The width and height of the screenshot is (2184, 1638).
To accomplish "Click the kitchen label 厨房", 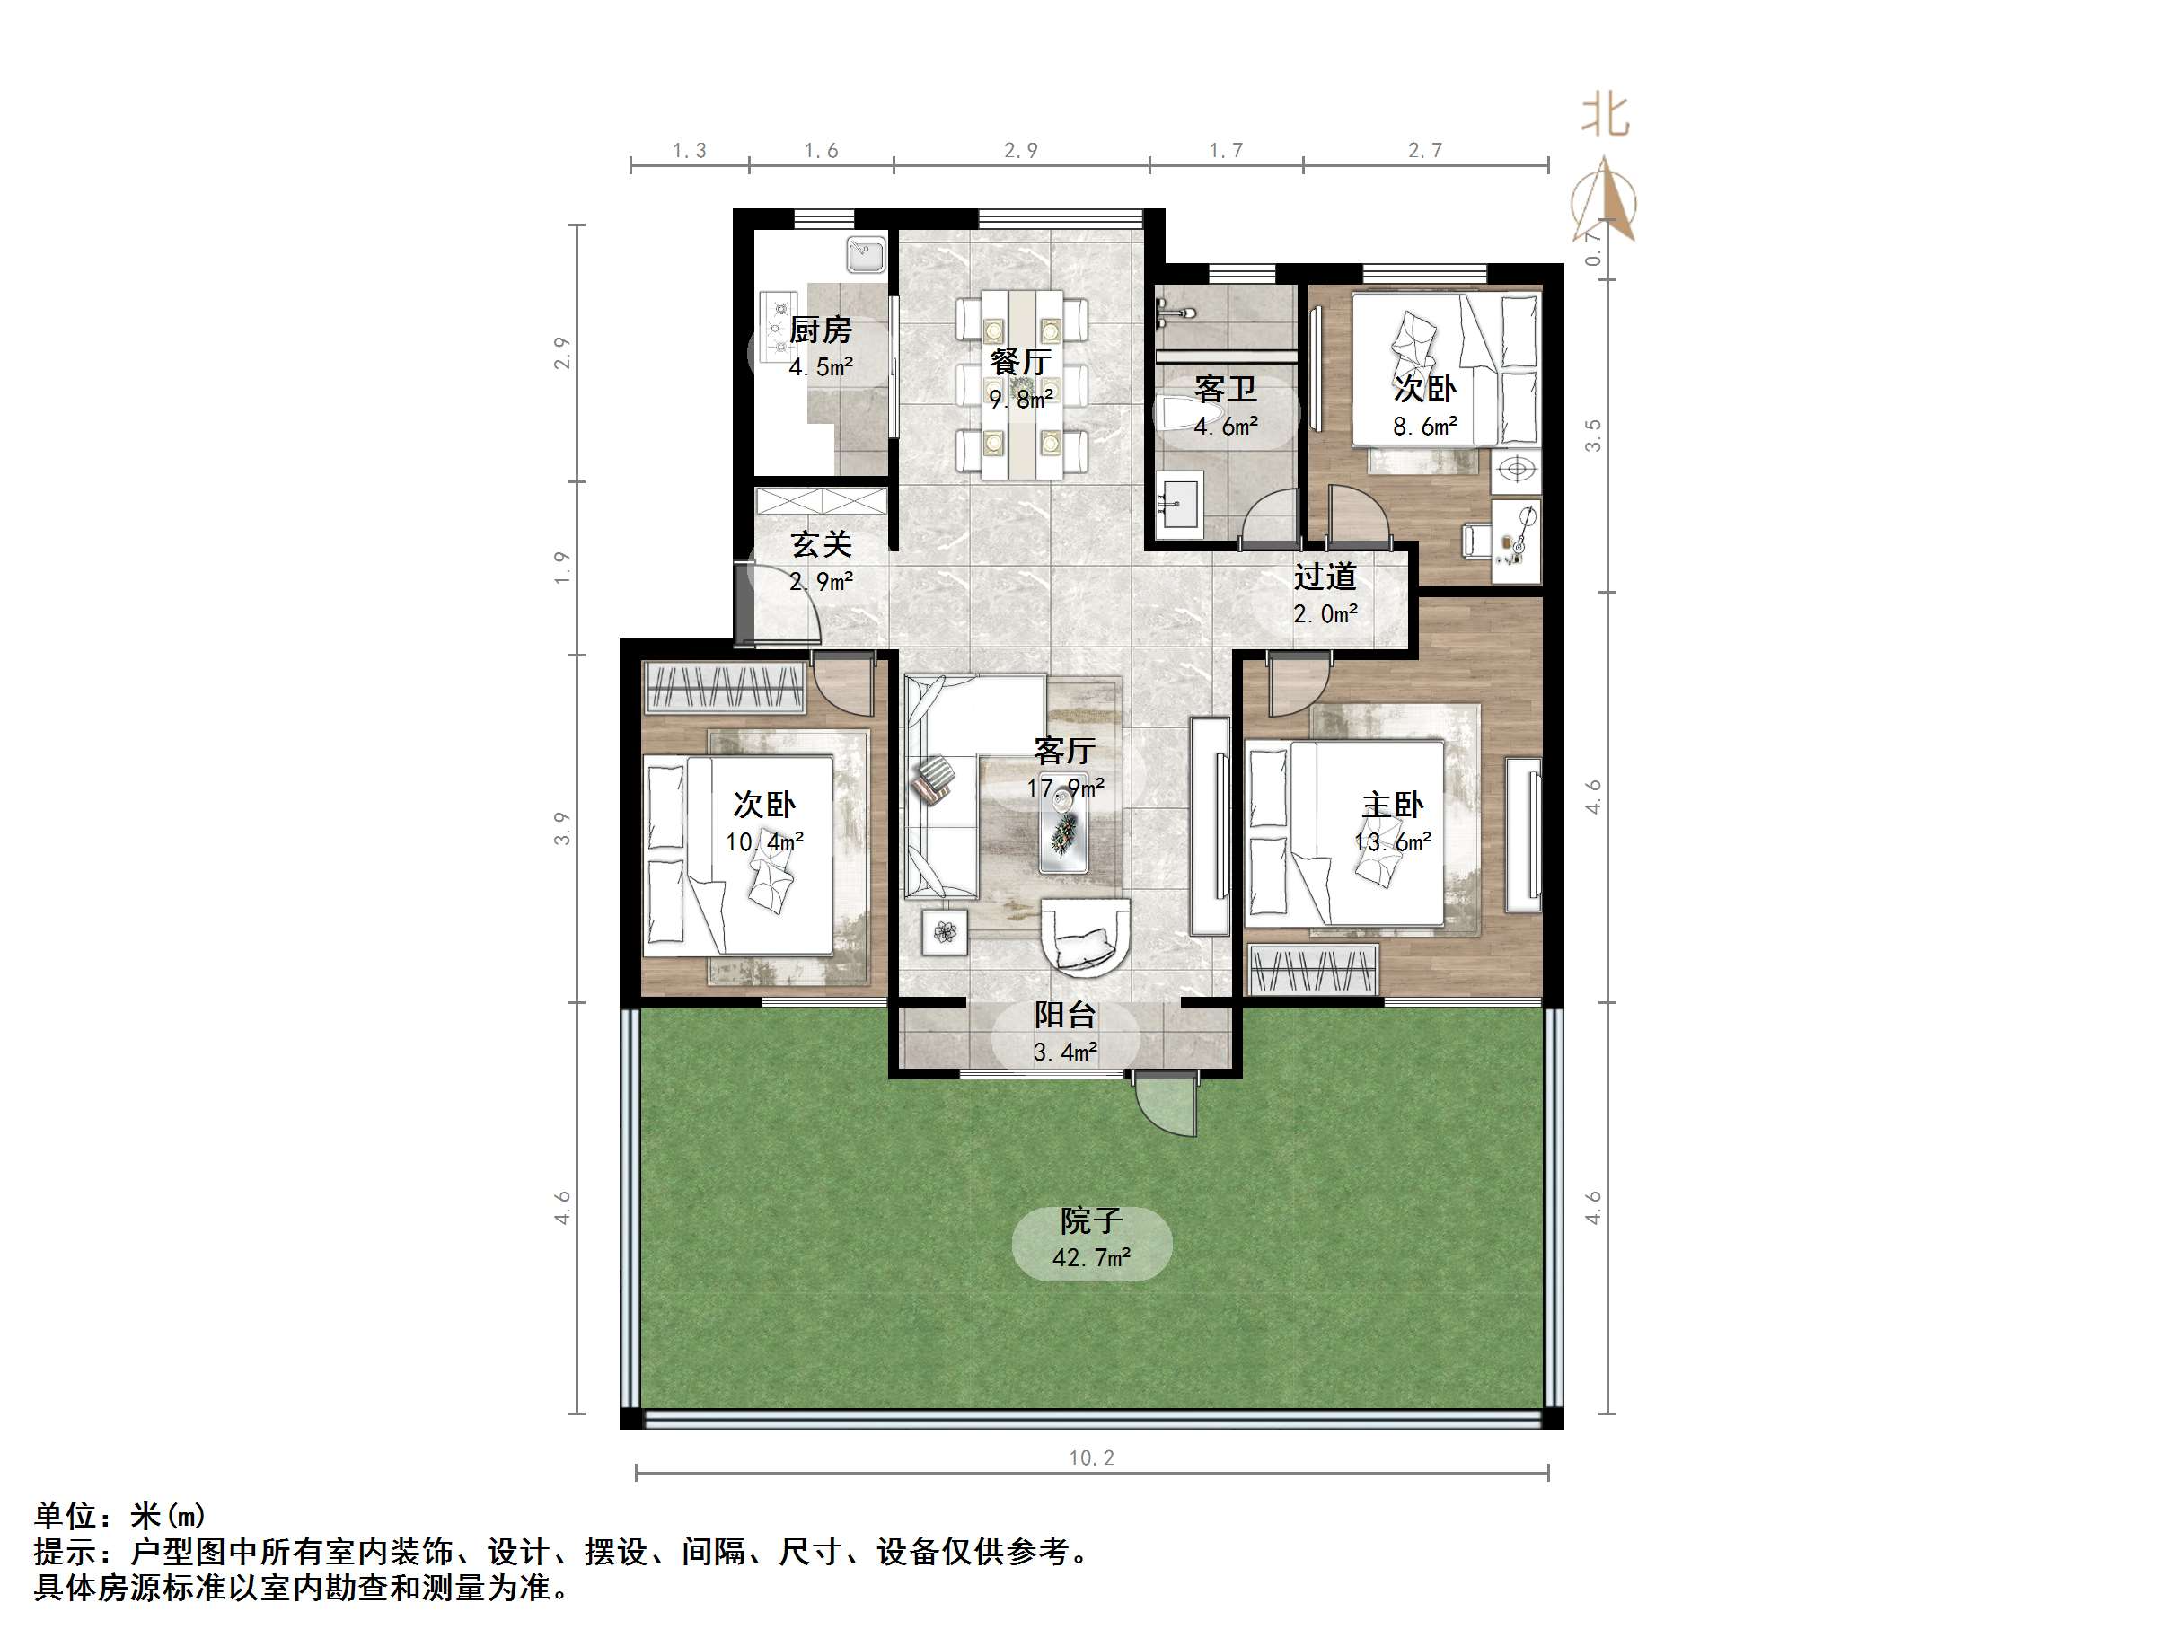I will [x=820, y=330].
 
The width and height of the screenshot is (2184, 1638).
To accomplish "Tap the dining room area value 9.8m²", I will [x=1021, y=399].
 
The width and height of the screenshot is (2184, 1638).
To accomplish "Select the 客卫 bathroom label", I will [x=1225, y=388].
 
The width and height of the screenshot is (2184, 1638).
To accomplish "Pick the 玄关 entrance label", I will [x=821, y=544].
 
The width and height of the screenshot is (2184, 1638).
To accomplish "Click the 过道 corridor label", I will [x=1325, y=577].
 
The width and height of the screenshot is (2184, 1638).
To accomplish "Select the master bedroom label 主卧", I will [x=1392, y=805].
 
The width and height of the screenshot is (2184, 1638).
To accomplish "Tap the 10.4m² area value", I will [x=764, y=842].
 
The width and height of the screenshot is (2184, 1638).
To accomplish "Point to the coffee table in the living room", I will [x=1063, y=832].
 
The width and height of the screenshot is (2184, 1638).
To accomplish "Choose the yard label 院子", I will [x=1091, y=1221].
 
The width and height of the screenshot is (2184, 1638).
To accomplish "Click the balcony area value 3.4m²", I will [x=1064, y=1052].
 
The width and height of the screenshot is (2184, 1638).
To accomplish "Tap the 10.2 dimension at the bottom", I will [x=1091, y=1457].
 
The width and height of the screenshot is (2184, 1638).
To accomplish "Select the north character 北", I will [x=1605, y=116].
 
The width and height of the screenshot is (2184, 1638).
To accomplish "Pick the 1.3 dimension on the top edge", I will [x=689, y=150].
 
